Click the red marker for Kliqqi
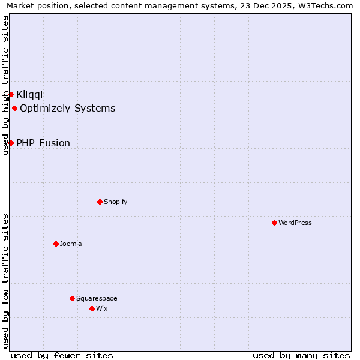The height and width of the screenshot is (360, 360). [11, 94]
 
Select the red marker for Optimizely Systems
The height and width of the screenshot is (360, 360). [14, 108]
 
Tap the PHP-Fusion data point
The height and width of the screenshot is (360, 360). [11, 143]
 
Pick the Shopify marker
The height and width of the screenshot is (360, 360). [100, 202]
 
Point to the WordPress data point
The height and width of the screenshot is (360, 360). [274, 223]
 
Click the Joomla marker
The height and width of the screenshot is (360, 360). [56, 244]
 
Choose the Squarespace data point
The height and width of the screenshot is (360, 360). [72, 298]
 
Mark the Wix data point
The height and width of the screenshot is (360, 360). [92, 308]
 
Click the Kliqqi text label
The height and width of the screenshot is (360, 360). [29, 94]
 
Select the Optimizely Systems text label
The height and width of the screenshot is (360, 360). [67, 109]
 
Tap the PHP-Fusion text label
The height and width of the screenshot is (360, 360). [43, 143]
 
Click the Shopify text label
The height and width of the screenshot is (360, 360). [115, 202]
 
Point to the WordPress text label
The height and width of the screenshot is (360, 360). [295, 223]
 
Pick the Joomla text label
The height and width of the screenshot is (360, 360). [71, 244]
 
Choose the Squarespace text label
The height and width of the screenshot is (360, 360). [97, 298]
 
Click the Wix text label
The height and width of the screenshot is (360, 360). [101, 308]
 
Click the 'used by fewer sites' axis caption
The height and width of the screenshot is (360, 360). [62, 355]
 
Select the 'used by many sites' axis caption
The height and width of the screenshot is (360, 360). [301, 355]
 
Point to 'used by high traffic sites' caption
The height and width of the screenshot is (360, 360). [5, 85]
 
